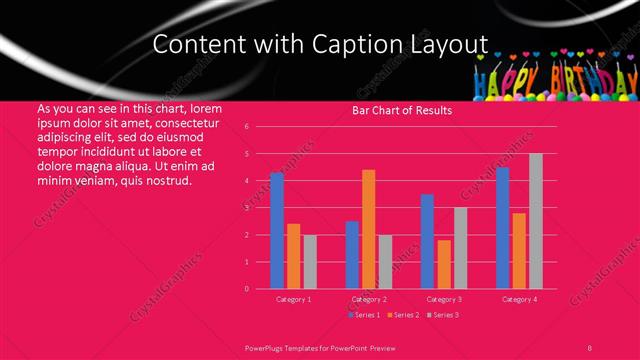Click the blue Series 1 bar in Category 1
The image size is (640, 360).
[x=277, y=231]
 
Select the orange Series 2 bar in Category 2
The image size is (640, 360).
[x=368, y=229]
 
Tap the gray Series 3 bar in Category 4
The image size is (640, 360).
[x=536, y=221]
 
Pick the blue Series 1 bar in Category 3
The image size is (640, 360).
[x=427, y=241]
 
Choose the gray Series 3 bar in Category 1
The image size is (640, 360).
[x=309, y=262]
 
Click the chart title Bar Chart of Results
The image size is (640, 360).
[x=403, y=110]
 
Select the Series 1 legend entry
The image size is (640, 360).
[x=363, y=315]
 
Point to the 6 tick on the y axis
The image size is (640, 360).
[x=246, y=127]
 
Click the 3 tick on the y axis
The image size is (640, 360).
[x=246, y=208]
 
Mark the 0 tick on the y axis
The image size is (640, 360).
[x=246, y=289]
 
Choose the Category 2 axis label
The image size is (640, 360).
[x=368, y=299]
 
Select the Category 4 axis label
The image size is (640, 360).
[x=519, y=299]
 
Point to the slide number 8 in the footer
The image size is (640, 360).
[x=590, y=346]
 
